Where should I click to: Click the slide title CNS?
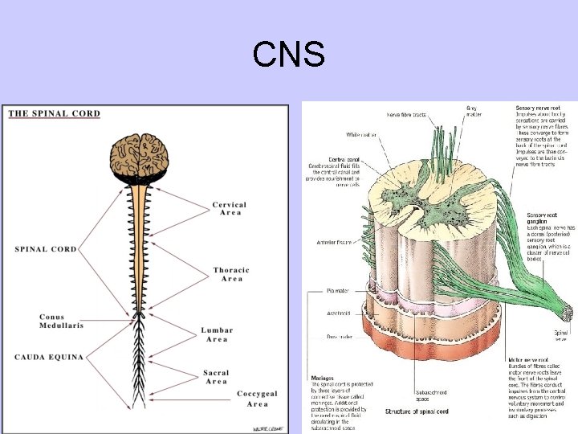(x=288, y=55)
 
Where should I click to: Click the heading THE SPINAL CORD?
(x=55, y=113)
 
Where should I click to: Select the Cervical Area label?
(x=230, y=209)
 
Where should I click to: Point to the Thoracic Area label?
(x=231, y=274)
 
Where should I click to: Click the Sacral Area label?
(x=216, y=377)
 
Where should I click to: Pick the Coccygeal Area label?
(x=258, y=399)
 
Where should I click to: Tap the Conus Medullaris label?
(x=60, y=321)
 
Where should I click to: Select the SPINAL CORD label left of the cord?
(x=46, y=249)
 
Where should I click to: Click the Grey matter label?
(x=475, y=111)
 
